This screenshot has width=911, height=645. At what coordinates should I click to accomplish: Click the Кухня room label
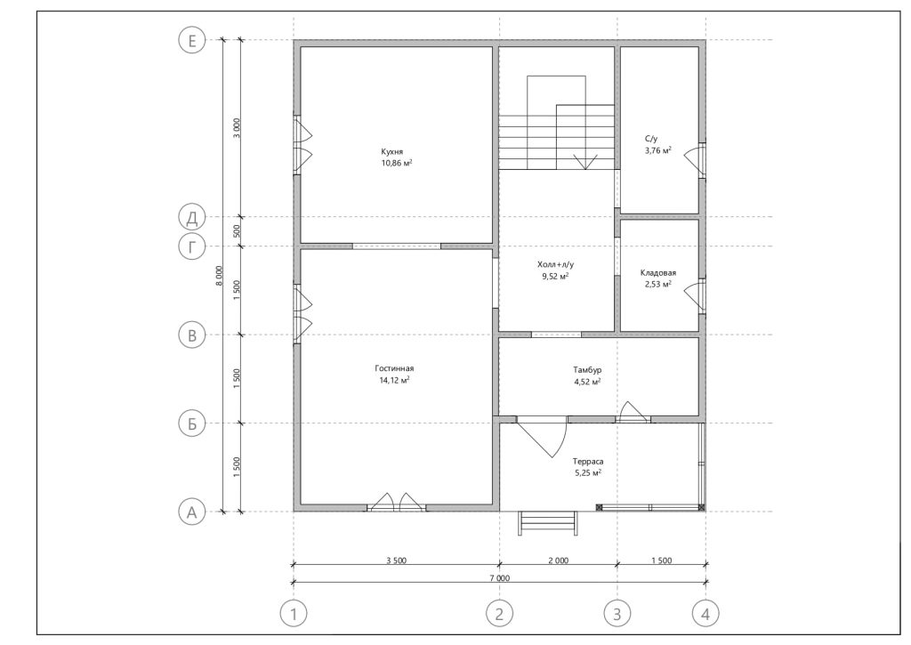coord(392,151)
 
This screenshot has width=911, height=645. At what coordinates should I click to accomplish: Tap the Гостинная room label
coord(394,368)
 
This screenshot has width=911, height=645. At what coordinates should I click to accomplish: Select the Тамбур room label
coord(587,370)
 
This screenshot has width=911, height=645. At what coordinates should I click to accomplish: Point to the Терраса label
coord(588,462)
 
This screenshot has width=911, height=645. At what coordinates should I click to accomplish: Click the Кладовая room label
coord(658,272)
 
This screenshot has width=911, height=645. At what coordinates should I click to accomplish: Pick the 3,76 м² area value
coord(658,150)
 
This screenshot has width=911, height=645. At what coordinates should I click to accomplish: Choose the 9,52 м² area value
coord(555,277)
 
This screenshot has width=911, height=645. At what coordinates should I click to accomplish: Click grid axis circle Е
coord(192,41)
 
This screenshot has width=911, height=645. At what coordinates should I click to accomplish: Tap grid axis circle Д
coord(192,217)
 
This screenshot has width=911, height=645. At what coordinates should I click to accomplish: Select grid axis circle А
coord(192,512)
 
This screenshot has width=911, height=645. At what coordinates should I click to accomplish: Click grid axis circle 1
coord(294,614)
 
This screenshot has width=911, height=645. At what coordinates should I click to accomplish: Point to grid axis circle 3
coord(617,614)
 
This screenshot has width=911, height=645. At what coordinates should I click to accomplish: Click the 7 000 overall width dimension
coord(499,578)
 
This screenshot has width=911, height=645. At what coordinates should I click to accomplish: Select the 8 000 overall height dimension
coord(219,276)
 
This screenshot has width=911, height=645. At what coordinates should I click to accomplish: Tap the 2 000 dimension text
coord(558,560)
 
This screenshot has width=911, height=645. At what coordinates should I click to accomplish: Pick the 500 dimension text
coord(237,231)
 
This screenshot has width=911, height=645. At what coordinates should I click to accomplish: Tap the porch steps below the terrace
coord(549,522)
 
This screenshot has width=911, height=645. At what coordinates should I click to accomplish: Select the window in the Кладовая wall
coord(702,296)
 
